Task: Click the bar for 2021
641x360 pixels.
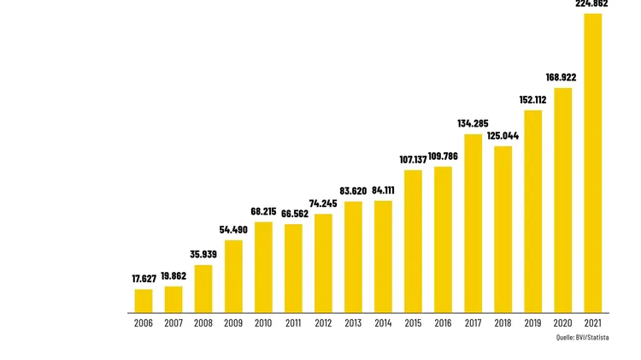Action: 592,162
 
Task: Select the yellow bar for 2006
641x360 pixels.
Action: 144,300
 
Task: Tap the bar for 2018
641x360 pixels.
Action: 503,228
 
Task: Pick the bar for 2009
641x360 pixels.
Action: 233,275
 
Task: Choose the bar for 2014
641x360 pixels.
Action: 383,256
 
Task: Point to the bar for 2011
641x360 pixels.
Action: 293,268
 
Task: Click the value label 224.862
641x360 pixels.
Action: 591,3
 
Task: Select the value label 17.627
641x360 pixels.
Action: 144,279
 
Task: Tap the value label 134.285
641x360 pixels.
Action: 473,124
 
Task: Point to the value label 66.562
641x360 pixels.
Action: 293,214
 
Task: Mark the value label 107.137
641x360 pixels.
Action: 413,160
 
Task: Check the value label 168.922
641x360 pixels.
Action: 562,78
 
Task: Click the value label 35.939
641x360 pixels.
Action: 203,255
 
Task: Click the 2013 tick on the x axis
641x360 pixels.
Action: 353,323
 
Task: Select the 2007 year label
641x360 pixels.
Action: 173,323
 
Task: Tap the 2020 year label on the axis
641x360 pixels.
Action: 562,323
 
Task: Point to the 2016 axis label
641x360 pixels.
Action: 443,323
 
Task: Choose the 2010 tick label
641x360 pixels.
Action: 263,323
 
